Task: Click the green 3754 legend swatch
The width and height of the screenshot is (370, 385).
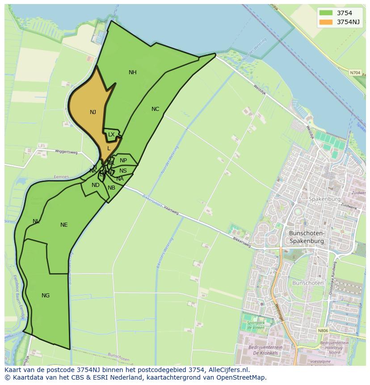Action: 326,13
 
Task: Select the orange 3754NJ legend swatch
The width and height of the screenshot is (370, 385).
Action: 326,22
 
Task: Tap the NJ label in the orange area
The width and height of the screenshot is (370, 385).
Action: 93,112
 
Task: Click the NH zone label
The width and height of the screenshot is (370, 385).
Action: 133,72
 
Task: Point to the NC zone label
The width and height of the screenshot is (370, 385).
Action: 155,109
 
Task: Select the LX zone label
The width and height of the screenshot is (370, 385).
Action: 111,135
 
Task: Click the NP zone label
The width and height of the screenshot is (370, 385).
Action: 123,161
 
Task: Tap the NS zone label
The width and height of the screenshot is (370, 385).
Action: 123,171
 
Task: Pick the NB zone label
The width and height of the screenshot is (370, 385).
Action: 111,188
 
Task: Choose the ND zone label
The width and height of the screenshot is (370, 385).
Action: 96,185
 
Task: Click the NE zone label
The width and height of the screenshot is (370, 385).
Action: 64,225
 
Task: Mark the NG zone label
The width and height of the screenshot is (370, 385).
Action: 46,296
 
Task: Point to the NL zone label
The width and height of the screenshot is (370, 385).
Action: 36,221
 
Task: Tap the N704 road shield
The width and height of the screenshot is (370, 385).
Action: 355,72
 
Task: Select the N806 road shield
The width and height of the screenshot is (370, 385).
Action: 323,331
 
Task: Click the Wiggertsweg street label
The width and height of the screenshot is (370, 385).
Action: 66,152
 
